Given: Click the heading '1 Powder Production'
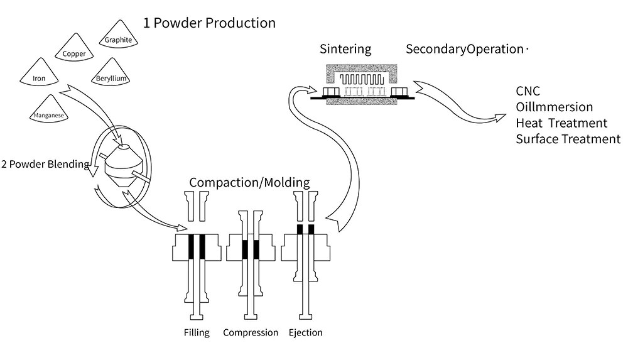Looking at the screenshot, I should coord(209,23).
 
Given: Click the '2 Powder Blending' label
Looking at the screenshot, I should coord(45,165).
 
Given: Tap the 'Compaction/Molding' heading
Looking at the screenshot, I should coord(249,183).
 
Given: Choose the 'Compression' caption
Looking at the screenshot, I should coord(251,332).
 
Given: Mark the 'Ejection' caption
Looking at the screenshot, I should coord(305,332).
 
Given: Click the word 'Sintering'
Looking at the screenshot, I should coord(345,49).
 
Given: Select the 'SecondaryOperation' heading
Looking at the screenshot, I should coord(464,49).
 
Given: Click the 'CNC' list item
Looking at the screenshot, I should coord(528,92).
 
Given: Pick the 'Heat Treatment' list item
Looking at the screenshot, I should coord(561,123).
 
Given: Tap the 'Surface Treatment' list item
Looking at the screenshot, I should coord(568,139).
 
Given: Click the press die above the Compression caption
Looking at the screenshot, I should coord(251,249).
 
